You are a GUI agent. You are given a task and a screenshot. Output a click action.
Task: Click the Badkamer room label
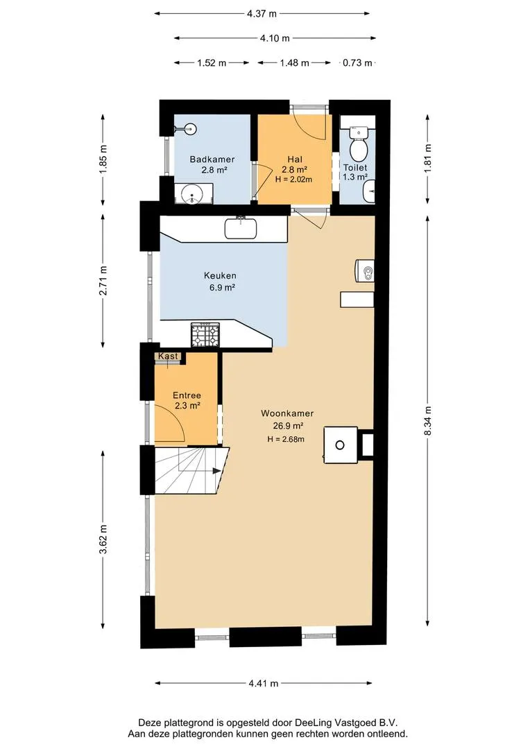(212, 159)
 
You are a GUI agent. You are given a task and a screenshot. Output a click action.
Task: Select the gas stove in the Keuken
(205, 334)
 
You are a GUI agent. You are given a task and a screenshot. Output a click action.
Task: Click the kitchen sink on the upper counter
(241, 228)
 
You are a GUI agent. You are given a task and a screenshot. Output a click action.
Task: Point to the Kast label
(168, 356)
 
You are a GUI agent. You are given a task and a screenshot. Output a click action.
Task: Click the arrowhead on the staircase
(216, 470)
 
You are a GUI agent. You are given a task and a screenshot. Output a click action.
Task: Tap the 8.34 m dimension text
(427, 420)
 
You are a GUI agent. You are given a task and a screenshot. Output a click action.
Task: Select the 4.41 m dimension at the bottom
(264, 683)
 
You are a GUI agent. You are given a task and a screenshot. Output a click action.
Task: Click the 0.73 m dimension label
(357, 62)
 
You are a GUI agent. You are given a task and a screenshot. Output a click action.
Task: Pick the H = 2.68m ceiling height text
(286, 439)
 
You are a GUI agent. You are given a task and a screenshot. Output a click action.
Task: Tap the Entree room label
(187, 395)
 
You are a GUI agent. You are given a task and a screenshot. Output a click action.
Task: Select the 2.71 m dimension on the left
(103, 281)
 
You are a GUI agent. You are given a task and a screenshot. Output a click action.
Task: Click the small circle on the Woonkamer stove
(340, 445)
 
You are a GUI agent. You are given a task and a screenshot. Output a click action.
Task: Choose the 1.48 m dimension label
(294, 62)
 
